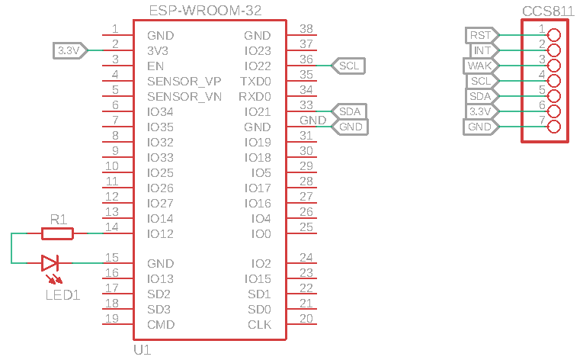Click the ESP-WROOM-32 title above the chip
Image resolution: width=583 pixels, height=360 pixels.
[x=206, y=11]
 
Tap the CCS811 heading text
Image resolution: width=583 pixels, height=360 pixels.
[x=546, y=11]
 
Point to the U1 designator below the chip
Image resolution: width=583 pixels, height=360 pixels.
[x=143, y=350]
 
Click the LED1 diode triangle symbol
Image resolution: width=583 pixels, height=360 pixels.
[x=50, y=263]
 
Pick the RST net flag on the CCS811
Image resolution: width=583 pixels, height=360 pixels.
[x=481, y=35]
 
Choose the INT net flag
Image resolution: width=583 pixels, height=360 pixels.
[x=482, y=50]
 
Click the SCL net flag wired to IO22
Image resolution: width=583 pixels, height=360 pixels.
[x=349, y=66]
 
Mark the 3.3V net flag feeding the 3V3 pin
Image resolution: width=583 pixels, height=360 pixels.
[x=69, y=50]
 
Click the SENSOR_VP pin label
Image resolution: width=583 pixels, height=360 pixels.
[x=184, y=81]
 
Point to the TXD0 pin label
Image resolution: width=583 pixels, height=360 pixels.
[x=255, y=81]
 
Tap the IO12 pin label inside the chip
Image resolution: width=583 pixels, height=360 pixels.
[x=161, y=233]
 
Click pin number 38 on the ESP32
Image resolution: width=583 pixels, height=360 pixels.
[x=306, y=28]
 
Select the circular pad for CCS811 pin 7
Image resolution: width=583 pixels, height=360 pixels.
[x=554, y=127]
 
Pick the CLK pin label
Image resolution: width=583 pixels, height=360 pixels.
[x=259, y=325]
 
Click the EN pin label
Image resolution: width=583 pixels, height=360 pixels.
[x=155, y=66]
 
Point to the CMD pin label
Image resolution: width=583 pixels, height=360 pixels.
[x=161, y=325]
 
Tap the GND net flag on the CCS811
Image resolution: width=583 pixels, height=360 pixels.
[x=480, y=127]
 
